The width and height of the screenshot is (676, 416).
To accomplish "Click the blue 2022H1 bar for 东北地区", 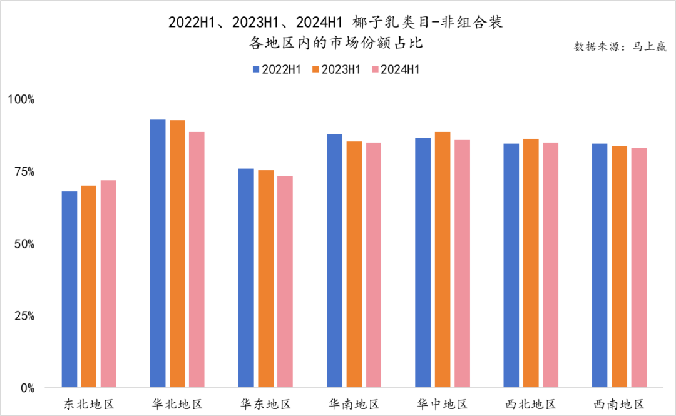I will (69, 290).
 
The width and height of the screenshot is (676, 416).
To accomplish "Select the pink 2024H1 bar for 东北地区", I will (108, 284).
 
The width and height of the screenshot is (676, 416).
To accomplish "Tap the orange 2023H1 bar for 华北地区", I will (177, 254).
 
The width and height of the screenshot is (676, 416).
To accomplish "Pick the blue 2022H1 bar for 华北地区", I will (158, 254).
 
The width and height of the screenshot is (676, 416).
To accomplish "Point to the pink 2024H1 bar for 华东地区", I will (285, 282).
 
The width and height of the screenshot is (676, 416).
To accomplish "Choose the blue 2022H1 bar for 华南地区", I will (335, 261).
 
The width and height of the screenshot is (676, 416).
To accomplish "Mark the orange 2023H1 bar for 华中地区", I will (443, 260).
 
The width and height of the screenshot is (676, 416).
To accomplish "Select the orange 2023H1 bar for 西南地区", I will (620, 267).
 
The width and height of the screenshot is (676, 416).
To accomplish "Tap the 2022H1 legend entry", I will (276, 69).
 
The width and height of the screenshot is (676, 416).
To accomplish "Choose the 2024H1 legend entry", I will (395, 69).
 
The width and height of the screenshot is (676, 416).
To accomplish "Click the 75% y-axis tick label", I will (24, 172).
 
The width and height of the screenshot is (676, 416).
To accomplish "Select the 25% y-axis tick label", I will (24, 316).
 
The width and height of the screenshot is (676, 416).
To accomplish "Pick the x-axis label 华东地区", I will (265, 404).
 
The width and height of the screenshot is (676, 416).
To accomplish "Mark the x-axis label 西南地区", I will (619, 404).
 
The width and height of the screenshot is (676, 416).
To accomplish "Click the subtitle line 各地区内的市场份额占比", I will (337, 43).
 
